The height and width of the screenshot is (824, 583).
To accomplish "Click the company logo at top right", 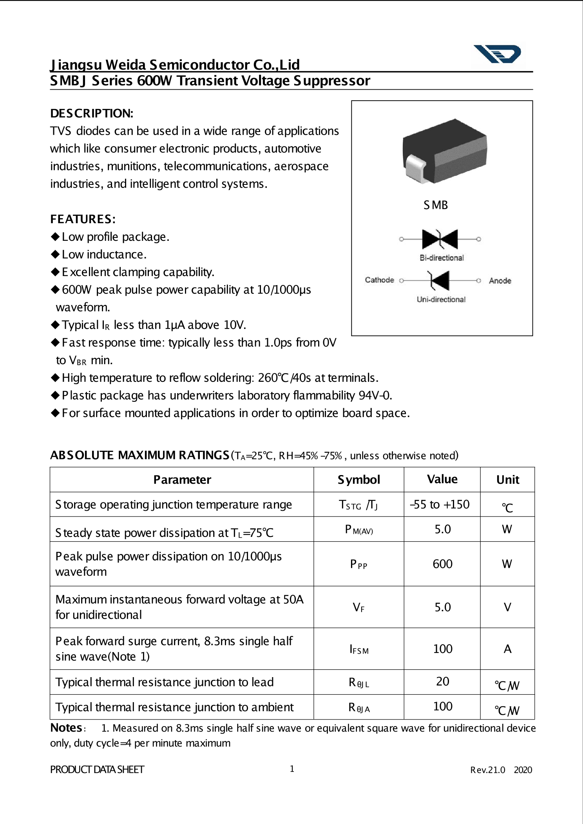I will pos(498,54).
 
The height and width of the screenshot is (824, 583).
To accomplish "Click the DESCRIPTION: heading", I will pos(92,114).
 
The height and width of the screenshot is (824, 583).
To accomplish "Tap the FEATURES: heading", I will pos(83,219).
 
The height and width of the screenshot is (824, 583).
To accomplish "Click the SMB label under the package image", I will pos(435,205).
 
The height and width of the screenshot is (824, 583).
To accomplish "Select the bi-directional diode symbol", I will pos(440,239).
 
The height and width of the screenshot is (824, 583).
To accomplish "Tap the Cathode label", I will pos(379,280).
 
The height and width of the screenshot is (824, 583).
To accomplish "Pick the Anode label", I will pos(500,281).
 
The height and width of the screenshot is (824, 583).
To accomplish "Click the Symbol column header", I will pos(358,480).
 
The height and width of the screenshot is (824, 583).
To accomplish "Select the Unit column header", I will pos(507,480).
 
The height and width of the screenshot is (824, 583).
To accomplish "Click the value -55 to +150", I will pos(440,504).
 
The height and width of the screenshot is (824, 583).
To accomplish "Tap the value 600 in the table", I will pos(442,564).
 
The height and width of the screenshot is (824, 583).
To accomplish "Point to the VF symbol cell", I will pos(358,607).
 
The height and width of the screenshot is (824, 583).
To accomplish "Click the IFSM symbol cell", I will pos(358,649).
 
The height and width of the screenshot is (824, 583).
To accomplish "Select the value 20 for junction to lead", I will pos(442,682).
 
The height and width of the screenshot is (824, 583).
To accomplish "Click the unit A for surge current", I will pos(507,649).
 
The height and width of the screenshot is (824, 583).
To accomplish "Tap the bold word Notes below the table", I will pos(66,728).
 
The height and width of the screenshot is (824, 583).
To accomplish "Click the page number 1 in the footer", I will pos(292,769).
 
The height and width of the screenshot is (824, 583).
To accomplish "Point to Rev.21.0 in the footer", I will pos(487,770).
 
